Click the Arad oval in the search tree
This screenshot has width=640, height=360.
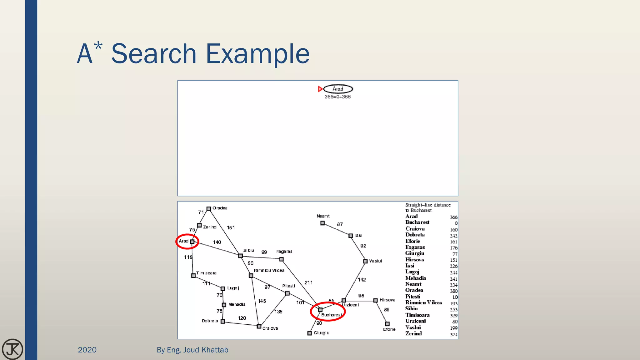pyautogui.click(x=338, y=89)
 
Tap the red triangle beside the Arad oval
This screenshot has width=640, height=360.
pyautogui.click(x=320, y=89)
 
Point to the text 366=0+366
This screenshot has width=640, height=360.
pyautogui.click(x=337, y=97)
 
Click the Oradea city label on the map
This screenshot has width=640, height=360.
pyautogui.click(x=220, y=208)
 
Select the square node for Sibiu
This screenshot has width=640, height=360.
pyautogui.click(x=240, y=256)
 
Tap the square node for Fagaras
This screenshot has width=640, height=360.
pyautogui.click(x=282, y=259)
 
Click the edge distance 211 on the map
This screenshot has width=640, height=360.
pyautogui.click(x=308, y=283)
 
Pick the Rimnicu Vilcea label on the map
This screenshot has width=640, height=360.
pyautogui.click(x=269, y=271)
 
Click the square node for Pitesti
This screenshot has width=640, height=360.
pyautogui.click(x=287, y=293)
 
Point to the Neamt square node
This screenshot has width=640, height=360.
pyautogui.click(x=322, y=223)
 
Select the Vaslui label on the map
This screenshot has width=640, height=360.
pyautogui.click(x=375, y=261)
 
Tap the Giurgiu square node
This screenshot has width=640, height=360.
pyautogui.click(x=310, y=333)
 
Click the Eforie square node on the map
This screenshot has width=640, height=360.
pyautogui.click(x=387, y=324)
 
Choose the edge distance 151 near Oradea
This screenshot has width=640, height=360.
pyautogui.click(x=231, y=228)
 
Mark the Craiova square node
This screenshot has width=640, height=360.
pyautogui.click(x=259, y=327)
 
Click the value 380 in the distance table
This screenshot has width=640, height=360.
pyautogui.click(x=453, y=291)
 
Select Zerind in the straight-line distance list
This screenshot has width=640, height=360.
pyautogui.click(x=413, y=334)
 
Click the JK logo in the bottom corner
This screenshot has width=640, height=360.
pyautogui.click(x=12, y=349)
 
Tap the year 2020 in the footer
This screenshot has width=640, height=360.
pyautogui.click(x=87, y=350)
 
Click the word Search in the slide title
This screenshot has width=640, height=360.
pyautogui.click(x=154, y=54)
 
